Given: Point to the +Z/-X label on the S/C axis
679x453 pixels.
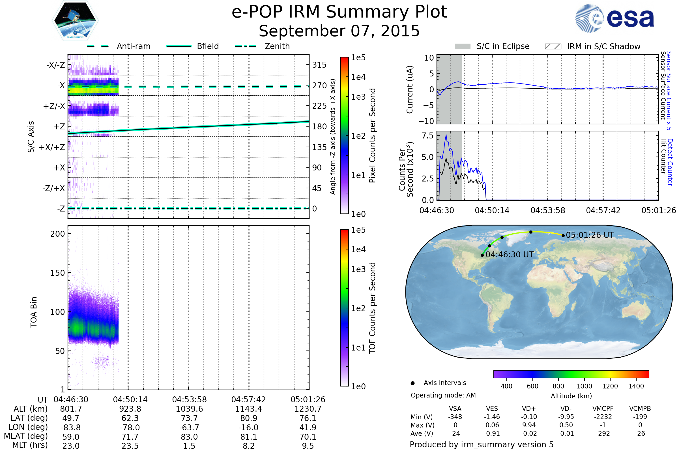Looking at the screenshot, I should pos(54,106).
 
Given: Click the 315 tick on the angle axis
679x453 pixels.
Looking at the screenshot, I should pos(319,65).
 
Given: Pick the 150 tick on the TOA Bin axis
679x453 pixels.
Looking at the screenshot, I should pos(57,273).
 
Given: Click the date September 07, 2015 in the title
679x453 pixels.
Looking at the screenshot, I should pos(339,31).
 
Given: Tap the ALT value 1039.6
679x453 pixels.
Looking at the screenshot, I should pos(189,409).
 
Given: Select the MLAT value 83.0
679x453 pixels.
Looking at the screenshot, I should pos(189,437).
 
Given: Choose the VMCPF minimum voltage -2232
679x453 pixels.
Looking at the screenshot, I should pos(603,417).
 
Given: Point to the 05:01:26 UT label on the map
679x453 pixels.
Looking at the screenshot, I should pos(590,235).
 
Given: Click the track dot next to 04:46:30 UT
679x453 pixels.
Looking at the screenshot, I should pos(482,255).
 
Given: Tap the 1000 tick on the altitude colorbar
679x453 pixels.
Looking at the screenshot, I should pos(584,386).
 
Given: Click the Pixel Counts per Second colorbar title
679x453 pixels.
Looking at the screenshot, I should pos(372,136).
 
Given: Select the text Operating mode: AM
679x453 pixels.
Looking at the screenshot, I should pos(443,395).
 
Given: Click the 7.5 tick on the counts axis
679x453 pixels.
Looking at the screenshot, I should pos(427,136).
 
